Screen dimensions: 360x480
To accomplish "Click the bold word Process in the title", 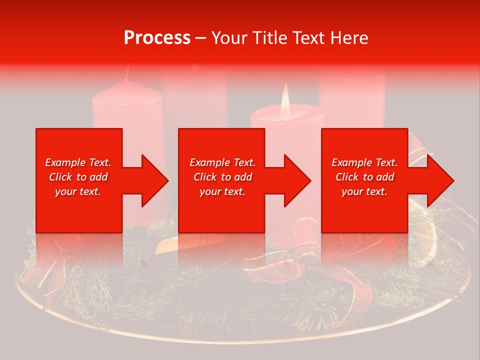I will (157, 38).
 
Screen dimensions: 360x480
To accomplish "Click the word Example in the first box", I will (65, 162).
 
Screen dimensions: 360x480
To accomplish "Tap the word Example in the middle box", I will (210, 162).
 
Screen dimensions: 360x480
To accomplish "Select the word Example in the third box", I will (352, 162).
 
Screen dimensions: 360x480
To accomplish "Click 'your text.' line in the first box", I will (78, 191).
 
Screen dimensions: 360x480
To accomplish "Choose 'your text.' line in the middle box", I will (222, 191).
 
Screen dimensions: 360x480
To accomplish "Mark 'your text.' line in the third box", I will (364, 191).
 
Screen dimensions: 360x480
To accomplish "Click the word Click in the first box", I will (60, 177).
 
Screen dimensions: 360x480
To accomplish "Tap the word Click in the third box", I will (347, 177).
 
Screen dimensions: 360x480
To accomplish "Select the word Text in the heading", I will (310, 38).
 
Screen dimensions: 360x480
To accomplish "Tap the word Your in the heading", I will (229, 38).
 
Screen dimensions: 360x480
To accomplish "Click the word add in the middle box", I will (243, 177).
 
